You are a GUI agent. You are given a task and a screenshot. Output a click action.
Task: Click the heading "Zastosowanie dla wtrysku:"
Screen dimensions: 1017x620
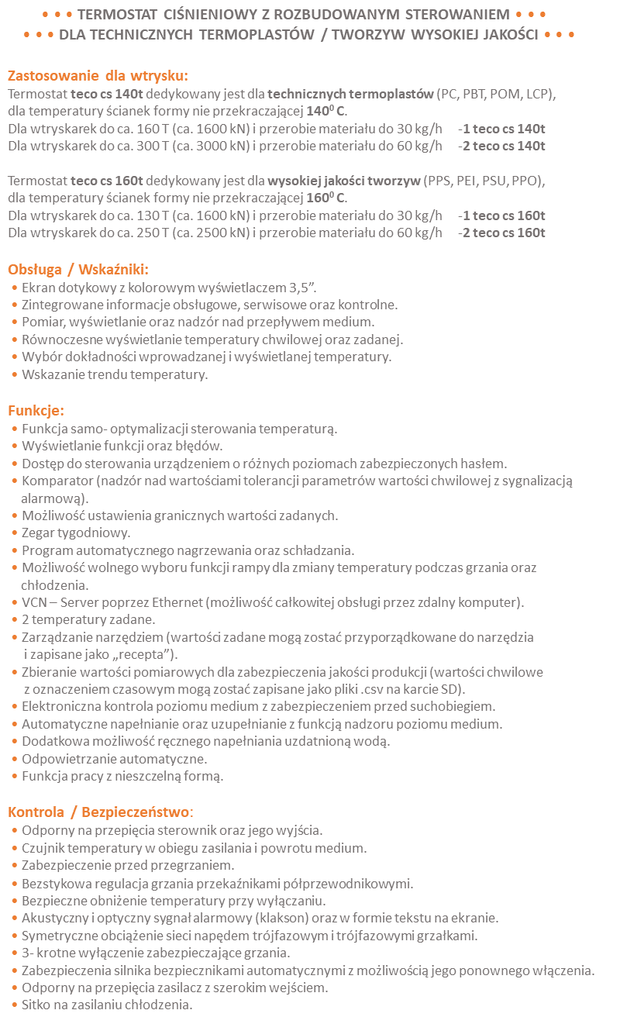[x=98, y=76]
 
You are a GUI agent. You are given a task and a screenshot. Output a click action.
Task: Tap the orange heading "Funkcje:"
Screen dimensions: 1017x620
[x=36, y=410]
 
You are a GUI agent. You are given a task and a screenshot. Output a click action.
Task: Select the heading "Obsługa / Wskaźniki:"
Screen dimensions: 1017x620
[x=78, y=270]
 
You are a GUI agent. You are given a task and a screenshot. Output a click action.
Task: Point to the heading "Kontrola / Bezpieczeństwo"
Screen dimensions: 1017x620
[x=99, y=812]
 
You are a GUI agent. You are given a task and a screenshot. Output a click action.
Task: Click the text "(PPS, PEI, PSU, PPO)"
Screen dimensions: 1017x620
[x=484, y=181]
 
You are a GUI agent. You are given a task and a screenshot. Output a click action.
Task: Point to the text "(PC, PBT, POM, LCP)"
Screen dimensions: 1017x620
[x=496, y=95]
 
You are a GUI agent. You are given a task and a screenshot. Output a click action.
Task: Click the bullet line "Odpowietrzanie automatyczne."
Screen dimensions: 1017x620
[x=114, y=758]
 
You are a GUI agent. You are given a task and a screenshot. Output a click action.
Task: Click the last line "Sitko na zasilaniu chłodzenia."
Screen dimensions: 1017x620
[x=106, y=1005]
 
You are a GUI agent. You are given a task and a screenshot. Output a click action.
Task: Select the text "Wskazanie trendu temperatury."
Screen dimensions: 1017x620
[x=115, y=375]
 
